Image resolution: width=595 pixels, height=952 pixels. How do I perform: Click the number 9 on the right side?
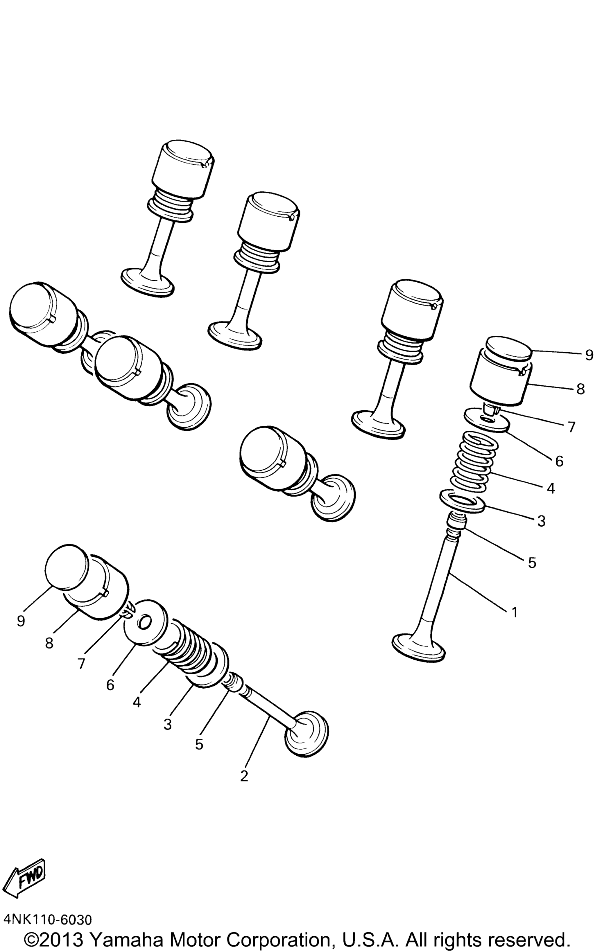click(x=589, y=355)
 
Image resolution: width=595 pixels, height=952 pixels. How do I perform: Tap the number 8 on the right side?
click(x=580, y=389)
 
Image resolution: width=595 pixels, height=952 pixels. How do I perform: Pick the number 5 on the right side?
click(x=532, y=563)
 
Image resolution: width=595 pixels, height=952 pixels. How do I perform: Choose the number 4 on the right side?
click(x=551, y=488)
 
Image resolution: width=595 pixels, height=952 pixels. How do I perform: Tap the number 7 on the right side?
click(x=571, y=427)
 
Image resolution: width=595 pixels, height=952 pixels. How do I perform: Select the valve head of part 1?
click(x=419, y=647)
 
